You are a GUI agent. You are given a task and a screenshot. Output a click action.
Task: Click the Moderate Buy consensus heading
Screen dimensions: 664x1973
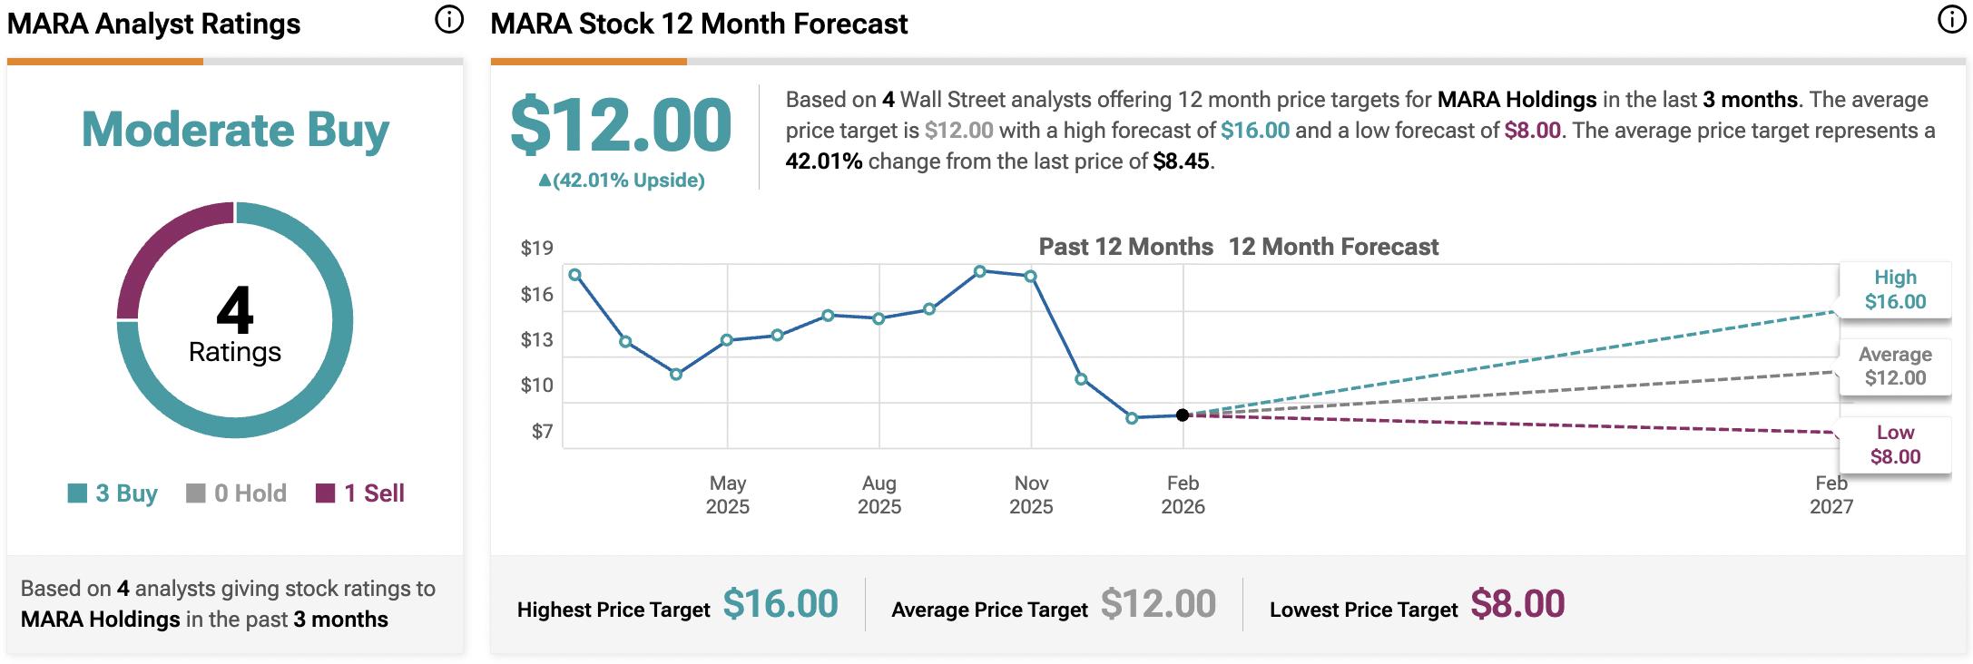[235, 130]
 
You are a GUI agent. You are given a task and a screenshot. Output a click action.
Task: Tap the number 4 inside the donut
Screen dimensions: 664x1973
[234, 310]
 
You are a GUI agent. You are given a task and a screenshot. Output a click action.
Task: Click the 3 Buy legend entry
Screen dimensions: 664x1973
[113, 493]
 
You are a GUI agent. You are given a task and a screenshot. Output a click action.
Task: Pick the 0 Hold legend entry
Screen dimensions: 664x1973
[236, 493]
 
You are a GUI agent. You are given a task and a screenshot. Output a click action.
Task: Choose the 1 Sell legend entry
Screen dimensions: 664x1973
[360, 493]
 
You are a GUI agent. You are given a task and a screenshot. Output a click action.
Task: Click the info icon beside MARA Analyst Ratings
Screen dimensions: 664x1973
[448, 20]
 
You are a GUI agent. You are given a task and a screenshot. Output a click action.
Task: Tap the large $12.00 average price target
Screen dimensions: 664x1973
[621, 125]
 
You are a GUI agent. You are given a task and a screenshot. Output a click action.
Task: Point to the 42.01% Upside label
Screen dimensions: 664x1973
[622, 181]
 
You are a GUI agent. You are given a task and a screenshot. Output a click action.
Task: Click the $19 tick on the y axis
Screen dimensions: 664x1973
[536, 248]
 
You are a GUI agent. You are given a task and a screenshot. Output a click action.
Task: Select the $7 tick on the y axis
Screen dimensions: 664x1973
[542, 432]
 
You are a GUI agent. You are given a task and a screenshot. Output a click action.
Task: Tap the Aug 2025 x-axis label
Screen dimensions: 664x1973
[879, 494]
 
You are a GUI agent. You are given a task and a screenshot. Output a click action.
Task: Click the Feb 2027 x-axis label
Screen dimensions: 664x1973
[1831, 494]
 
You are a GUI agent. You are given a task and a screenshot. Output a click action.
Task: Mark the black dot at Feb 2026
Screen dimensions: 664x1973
[1183, 415]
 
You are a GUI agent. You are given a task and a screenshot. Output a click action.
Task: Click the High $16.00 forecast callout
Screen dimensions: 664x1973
[1895, 289]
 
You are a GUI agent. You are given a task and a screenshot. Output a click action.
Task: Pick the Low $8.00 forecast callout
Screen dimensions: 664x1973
[1895, 444]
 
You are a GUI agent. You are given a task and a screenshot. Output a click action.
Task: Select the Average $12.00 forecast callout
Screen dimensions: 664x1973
[1895, 366]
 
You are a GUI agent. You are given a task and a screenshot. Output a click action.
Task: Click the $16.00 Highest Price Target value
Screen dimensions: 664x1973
[780, 604]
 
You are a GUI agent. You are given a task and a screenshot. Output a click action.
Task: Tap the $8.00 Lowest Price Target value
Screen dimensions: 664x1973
[1517, 604]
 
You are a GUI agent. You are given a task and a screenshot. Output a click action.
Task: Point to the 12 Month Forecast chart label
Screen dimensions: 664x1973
[1333, 247]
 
